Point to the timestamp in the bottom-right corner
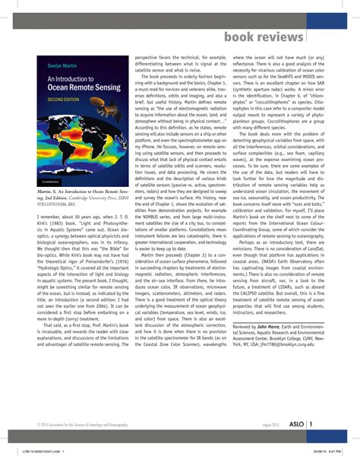click(x=327, y=451)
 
